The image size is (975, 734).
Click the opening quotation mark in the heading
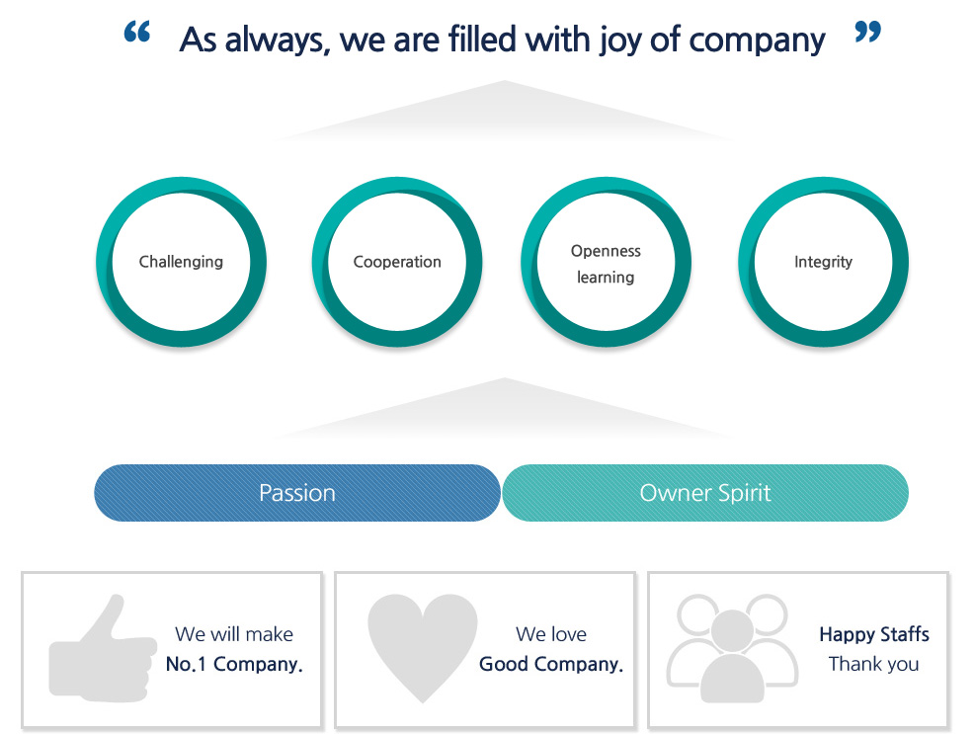tap(137, 32)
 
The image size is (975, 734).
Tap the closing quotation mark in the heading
tap(868, 32)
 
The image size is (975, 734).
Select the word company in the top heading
tap(757, 41)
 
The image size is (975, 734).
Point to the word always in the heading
tap(275, 41)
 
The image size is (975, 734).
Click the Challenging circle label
tap(181, 262)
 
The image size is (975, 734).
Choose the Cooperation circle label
tap(397, 262)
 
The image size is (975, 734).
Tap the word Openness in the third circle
tap(606, 251)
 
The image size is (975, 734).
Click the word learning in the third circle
tap(606, 278)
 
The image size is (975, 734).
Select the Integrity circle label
tap(823, 262)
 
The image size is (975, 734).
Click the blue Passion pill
tap(297, 493)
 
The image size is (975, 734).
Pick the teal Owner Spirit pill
tap(705, 493)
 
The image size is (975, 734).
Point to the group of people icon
tap(733, 648)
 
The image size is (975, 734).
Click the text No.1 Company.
tap(234, 664)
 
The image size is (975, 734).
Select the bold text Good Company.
tap(551, 664)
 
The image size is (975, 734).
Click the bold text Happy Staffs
tap(874, 634)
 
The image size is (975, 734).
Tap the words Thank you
tap(873, 664)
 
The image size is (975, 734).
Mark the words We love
tap(551, 634)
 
